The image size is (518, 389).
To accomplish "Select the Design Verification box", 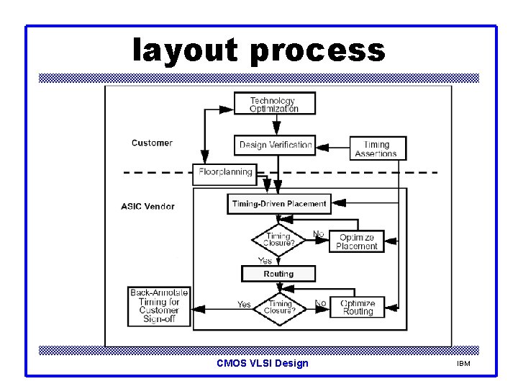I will tap(276, 145).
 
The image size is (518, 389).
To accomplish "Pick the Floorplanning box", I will tap(224, 172).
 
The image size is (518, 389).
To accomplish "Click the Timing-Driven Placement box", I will tap(279, 204).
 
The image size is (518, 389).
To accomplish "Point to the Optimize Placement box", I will tap(356, 241).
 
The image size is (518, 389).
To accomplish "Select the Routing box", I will tap(278, 274).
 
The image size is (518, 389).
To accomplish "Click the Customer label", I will tap(152, 143).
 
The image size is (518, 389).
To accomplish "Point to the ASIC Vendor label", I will tap(147, 206).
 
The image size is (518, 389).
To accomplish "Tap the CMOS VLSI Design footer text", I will tap(262, 363).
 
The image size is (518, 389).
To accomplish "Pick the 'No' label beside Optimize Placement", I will tap(319, 234).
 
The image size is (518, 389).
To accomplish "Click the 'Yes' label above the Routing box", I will tap(265, 261).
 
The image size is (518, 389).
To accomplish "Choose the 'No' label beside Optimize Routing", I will tap(321, 303).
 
